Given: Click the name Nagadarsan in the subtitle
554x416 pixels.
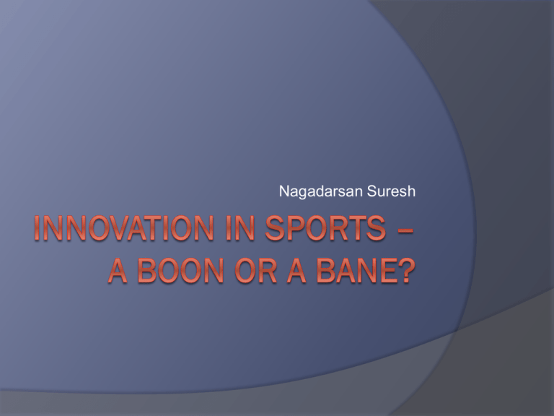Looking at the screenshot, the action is (321, 192).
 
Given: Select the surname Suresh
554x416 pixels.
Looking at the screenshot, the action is (391, 191).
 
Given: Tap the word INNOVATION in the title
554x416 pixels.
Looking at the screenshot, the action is (124, 228).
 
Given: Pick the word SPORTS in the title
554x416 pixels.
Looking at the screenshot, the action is (325, 228).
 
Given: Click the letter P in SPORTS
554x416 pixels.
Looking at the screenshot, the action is (295, 228).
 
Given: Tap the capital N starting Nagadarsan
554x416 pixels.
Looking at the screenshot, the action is (284, 191).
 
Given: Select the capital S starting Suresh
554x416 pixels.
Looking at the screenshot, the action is (371, 191).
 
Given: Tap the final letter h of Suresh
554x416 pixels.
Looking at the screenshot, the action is (412, 191).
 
